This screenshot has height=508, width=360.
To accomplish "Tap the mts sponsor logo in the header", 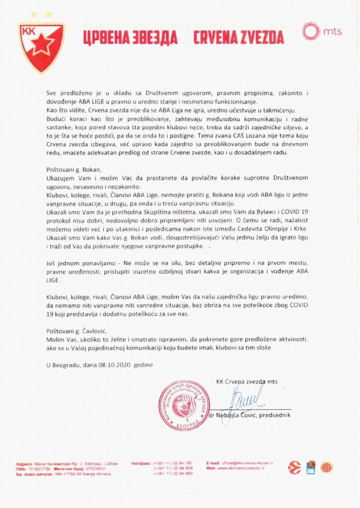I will [322, 31].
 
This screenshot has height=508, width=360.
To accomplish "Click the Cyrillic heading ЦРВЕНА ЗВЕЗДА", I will [131, 38].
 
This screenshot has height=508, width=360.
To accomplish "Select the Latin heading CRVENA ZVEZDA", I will [238, 38].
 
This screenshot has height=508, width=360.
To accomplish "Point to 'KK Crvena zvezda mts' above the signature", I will [247, 381].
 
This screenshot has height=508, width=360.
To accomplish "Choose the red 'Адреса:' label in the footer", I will [25, 463].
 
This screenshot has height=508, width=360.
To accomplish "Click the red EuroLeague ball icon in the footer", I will [295, 467].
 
